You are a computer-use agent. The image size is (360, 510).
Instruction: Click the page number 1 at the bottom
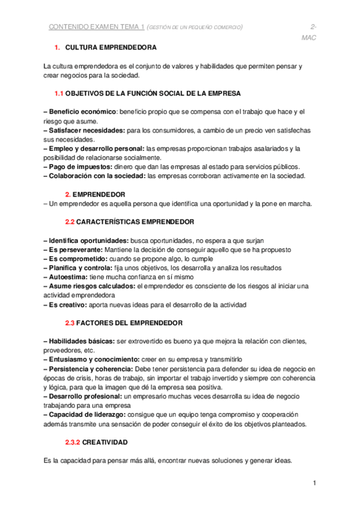point(314,483)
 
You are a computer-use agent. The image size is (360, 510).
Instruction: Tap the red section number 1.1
point(59,93)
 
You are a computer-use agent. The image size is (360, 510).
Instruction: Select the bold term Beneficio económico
point(81,112)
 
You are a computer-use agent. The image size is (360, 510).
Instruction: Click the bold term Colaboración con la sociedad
point(95,176)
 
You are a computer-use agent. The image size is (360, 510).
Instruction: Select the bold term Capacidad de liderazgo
point(87,414)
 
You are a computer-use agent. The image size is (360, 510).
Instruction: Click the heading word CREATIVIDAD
point(105,442)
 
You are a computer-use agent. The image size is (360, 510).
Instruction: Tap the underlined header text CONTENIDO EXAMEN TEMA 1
point(96,27)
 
